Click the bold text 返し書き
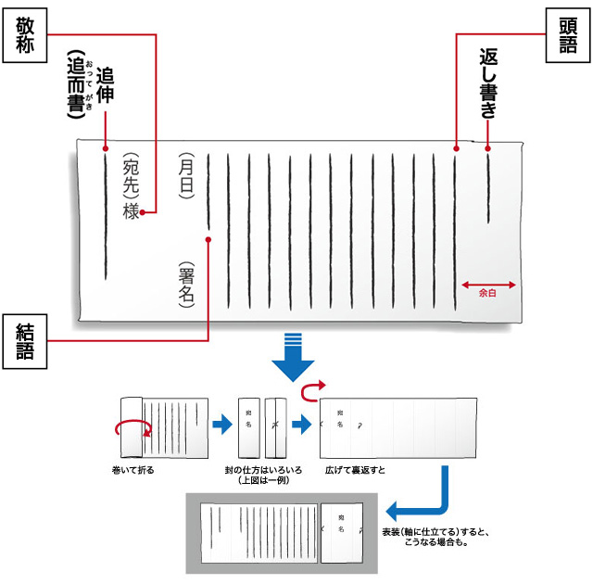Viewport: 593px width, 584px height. click(489, 83)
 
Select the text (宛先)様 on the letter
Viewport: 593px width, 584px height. click(131, 186)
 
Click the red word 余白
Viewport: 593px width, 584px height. click(488, 292)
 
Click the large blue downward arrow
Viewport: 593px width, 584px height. click(295, 354)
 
